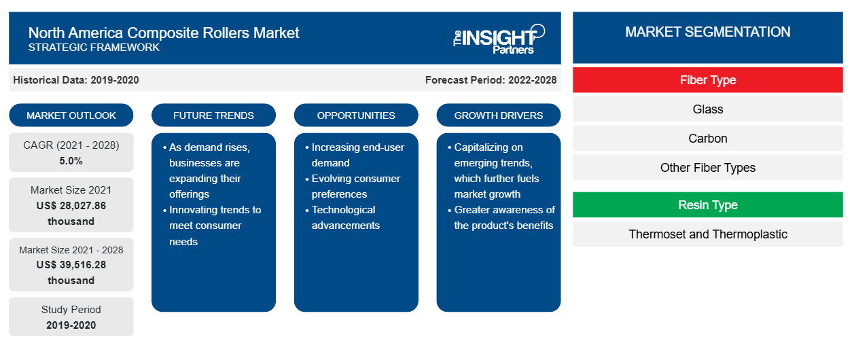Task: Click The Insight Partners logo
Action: [x=499, y=39]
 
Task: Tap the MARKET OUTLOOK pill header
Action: [x=71, y=115]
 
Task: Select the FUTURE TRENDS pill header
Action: [x=213, y=115]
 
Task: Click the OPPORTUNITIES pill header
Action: [x=356, y=115]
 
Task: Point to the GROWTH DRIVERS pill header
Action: [x=499, y=115]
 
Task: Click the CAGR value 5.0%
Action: [x=71, y=161]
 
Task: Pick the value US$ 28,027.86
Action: [x=71, y=206]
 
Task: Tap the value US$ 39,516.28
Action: [x=71, y=265]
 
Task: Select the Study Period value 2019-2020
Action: [x=71, y=325]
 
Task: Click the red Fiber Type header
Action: [x=708, y=80]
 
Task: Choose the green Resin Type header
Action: [x=708, y=205]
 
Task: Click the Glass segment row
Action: [x=708, y=109]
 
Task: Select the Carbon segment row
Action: [x=708, y=139]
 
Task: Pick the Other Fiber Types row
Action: [x=708, y=168]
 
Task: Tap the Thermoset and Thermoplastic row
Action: [x=708, y=234]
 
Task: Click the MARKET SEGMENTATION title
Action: [x=708, y=32]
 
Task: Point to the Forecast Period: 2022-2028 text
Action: [x=491, y=80]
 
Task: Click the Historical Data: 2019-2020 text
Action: [x=76, y=80]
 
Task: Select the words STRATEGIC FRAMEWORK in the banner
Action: [x=94, y=48]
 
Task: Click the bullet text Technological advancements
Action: [x=345, y=217]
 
